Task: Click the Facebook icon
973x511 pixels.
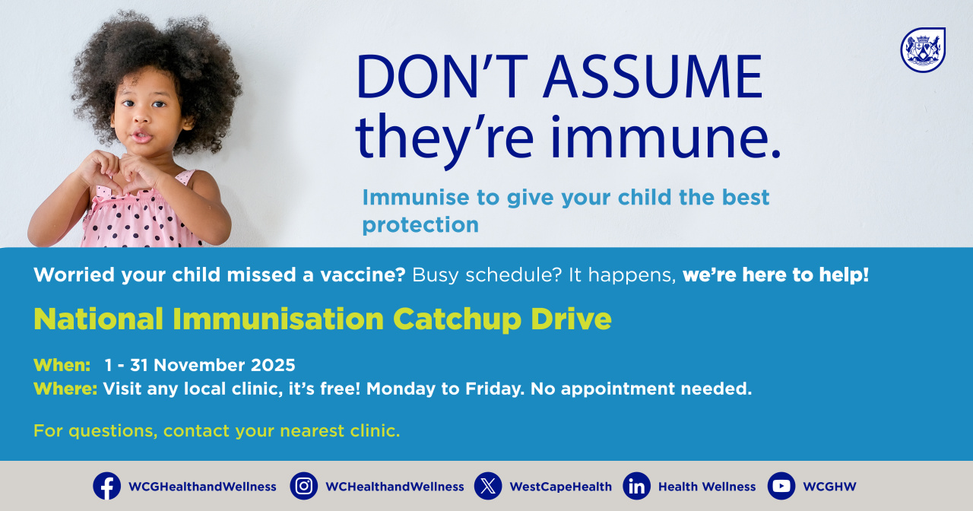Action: [106, 486]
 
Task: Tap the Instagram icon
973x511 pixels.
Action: [303, 486]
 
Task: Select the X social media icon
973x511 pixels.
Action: [488, 486]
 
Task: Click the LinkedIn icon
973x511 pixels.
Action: [636, 486]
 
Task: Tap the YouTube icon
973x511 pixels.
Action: [781, 486]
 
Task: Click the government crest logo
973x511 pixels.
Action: [923, 50]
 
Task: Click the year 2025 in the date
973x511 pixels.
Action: [271, 365]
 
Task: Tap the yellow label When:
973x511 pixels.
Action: [62, 365]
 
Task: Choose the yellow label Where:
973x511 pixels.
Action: [65, 389]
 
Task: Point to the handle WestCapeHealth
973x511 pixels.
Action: [560, 487]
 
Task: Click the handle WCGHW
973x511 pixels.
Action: [829, 487]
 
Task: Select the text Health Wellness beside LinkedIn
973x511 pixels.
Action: [707, 487]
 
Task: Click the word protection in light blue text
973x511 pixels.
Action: [420, 225]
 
